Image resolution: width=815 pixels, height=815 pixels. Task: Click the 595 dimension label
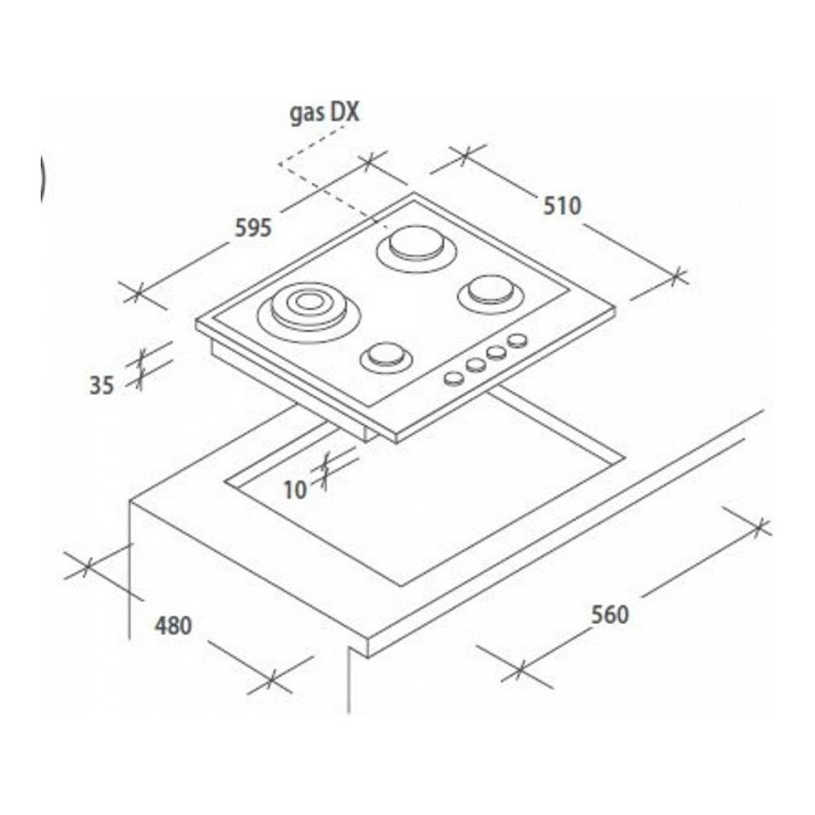tap(253, 228)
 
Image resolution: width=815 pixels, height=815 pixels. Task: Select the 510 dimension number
tap(562, 206)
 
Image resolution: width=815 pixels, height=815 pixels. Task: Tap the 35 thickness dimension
tap(101, 385)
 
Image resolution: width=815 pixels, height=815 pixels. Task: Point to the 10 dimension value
tap(295, 490)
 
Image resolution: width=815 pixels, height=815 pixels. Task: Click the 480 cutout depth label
tap(173, 625)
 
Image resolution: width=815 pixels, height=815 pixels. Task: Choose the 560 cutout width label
tap(610, 615)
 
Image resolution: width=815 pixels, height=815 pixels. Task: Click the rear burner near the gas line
tap(416, 248)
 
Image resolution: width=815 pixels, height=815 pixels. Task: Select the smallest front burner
tap(386, 357)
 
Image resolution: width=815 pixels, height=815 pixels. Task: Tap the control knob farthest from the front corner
tap(518, 341)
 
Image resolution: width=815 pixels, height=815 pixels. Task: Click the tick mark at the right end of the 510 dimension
tap(676, 275)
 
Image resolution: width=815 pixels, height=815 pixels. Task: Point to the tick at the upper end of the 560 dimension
tap(760, 527)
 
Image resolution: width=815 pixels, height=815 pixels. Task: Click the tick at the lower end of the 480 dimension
tap(271, 679)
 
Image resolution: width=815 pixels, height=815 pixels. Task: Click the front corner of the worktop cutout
tap(401, 586)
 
